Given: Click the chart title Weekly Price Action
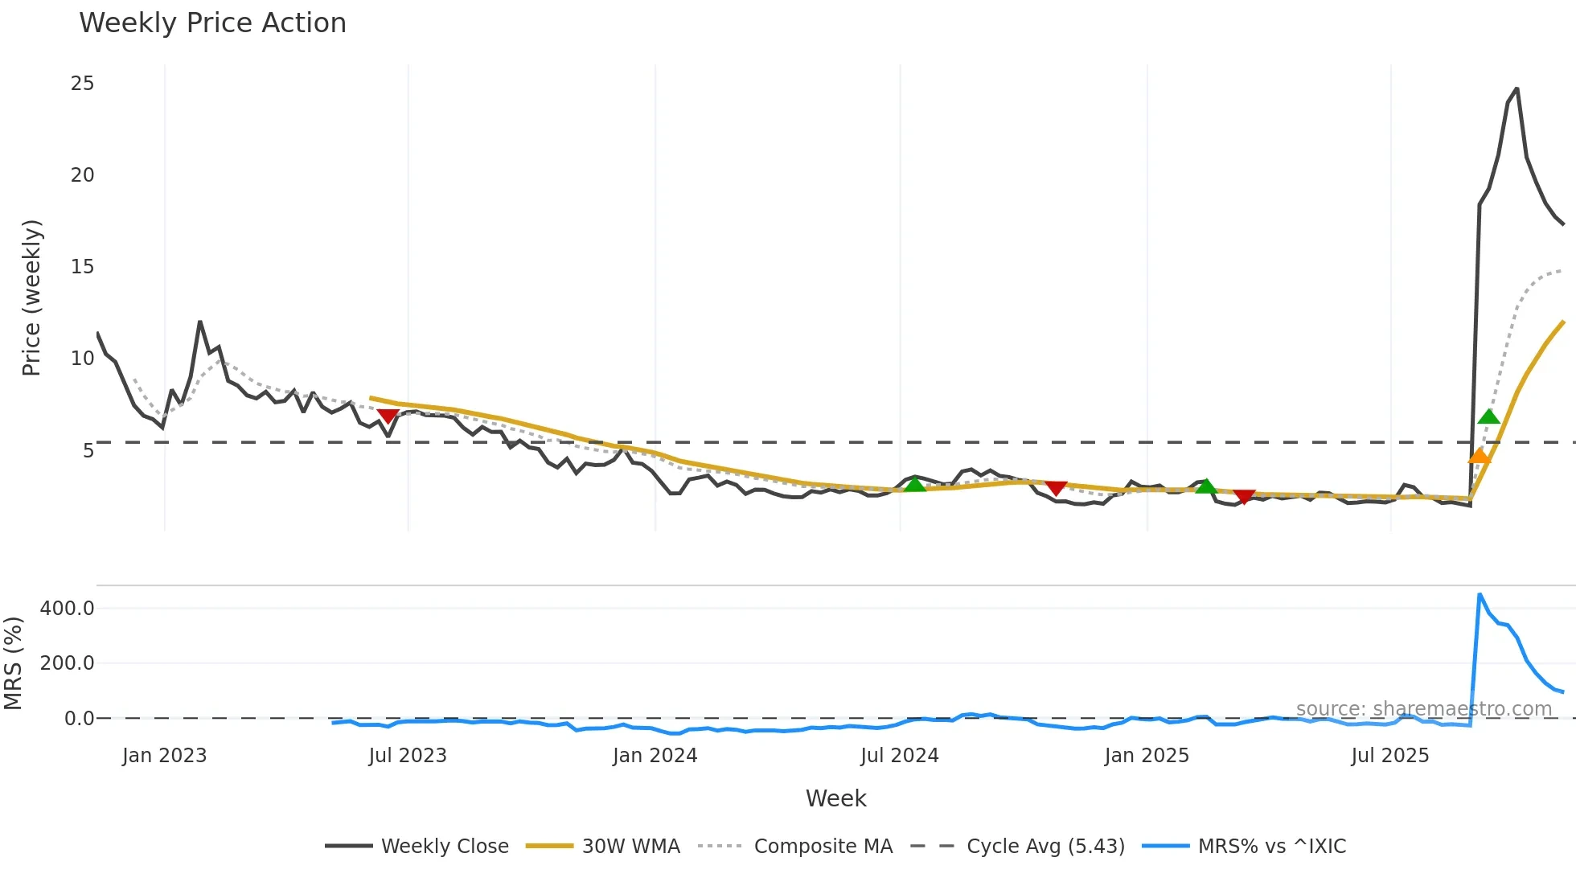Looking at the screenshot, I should [212, 23].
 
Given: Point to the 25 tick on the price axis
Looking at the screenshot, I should [82, 84].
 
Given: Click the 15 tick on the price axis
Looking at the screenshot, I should [82, 267].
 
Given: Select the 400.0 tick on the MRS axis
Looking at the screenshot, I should [68, 609].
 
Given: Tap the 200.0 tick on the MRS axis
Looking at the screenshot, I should [68, 663].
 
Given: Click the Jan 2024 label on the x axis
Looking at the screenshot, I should [655, 756].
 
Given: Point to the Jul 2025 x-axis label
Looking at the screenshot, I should [1389, 756].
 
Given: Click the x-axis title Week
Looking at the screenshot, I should [835, 798].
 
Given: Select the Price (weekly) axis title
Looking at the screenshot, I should [31, 297].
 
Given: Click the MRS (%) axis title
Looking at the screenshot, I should [13, 663].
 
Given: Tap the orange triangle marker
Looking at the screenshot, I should [1479, 456].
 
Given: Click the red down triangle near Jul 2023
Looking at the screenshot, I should [388, 416].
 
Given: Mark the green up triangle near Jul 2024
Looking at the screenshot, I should [915, 484].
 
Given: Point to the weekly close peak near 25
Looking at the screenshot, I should [1516, 88].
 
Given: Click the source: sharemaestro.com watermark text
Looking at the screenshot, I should [1423, 709].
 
